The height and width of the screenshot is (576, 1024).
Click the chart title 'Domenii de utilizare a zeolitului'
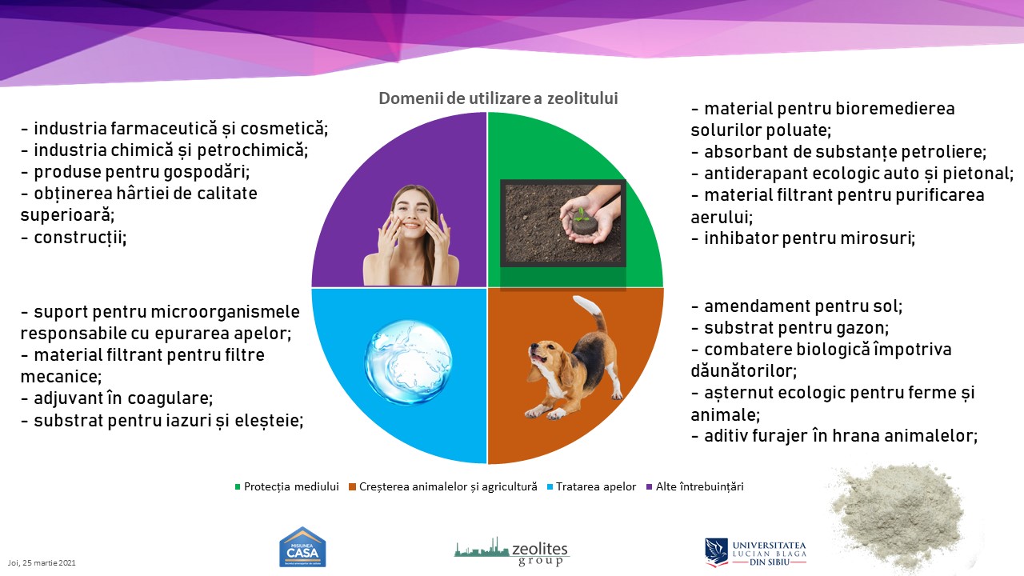point(498,98)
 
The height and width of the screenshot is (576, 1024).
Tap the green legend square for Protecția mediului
point(238,487)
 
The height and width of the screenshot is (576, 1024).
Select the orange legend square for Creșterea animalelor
point(352,487)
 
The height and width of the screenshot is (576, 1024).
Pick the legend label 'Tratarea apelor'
point(596,486)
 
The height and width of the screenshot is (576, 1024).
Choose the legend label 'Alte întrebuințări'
point(699,486)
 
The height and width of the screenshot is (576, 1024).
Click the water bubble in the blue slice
point(408,362)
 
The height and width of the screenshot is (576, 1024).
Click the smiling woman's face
point(410,210)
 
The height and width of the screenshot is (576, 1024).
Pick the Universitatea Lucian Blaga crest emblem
point(716,552)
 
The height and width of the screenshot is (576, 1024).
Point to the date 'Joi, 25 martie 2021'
point(42,562)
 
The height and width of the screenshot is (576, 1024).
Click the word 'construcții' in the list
point(80,238)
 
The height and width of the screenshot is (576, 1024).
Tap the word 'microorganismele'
point(225,312)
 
